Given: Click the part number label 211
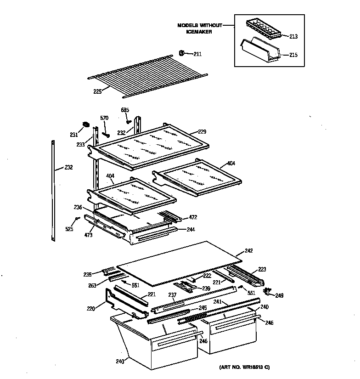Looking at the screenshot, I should (197, 54).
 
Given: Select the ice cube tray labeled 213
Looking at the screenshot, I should (262, 29).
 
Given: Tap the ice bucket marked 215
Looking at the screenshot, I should (262, 50).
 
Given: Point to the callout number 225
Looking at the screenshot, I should (97, 91).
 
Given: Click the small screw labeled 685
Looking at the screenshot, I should (129, 122).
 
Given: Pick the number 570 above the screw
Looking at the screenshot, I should (105, 118).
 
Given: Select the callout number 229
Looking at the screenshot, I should (202, 132).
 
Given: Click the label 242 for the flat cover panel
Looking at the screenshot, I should (248, 251).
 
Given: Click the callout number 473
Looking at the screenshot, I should (89, 235).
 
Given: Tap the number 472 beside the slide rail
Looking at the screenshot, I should (193, 217).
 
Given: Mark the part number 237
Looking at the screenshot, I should (172, 295).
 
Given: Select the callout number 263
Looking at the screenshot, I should (93, 285).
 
